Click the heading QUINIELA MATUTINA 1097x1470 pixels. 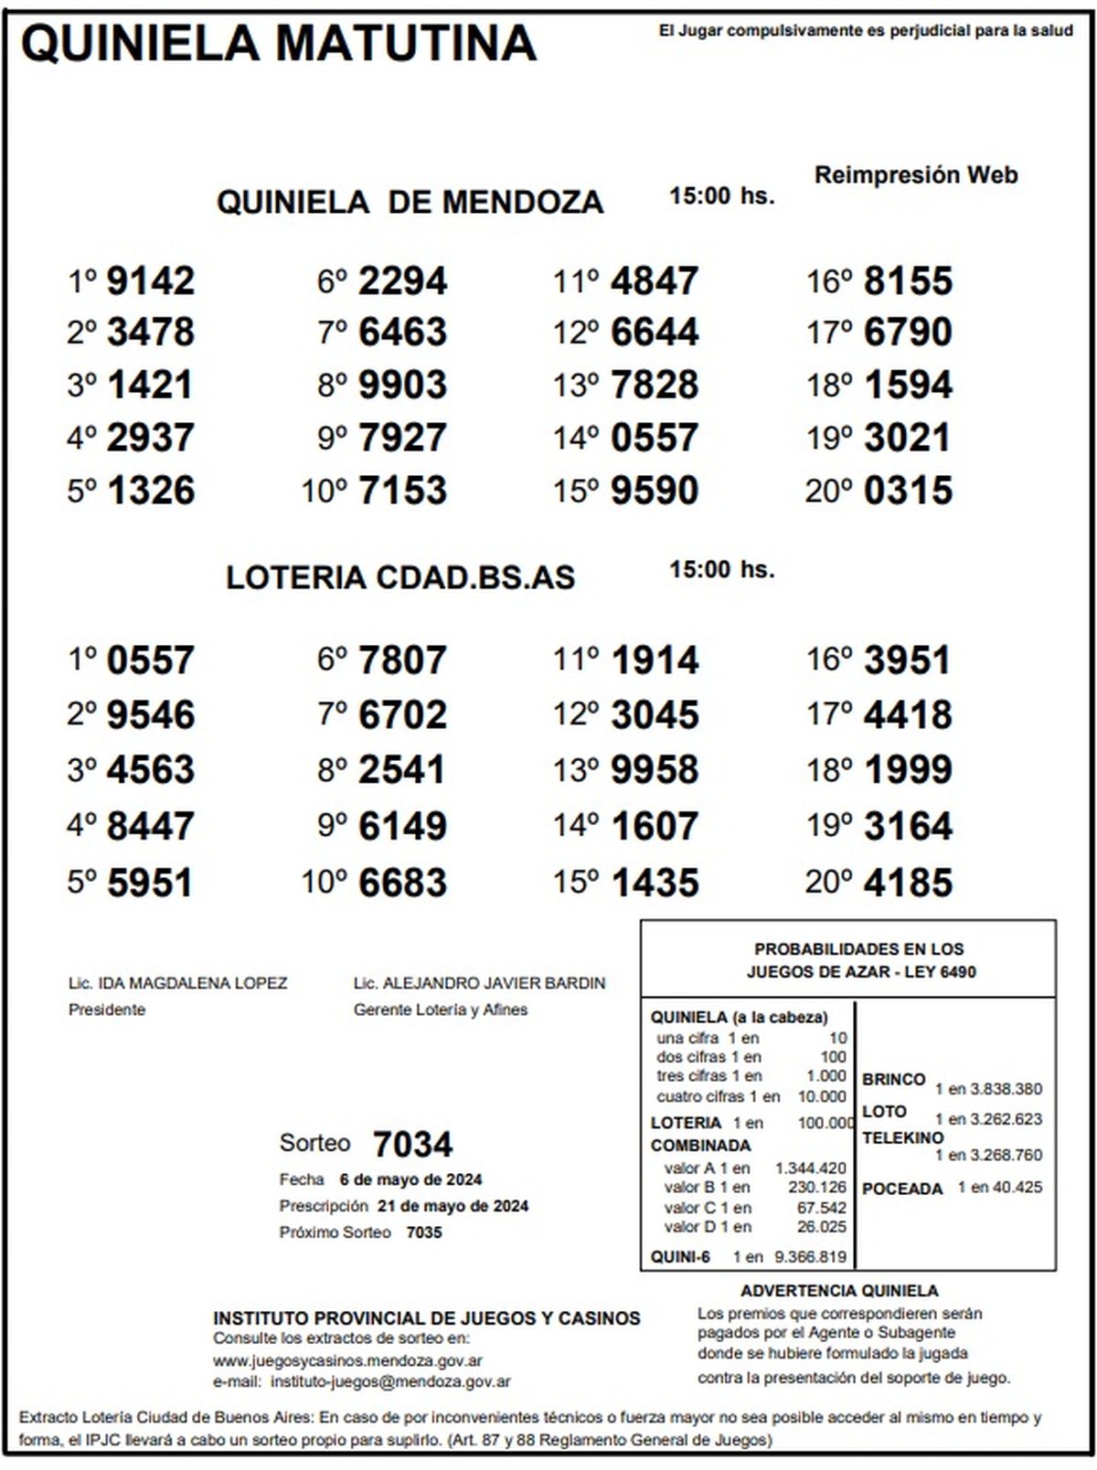tap(279, 44)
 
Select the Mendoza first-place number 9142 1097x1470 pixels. tap(151, 281)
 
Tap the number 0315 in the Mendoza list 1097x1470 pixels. tap(908, 491)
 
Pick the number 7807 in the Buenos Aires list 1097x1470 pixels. tap(402, 661)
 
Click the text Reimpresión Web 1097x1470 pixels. tap(916, 175)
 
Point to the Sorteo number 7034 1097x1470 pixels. tap(413, 1144)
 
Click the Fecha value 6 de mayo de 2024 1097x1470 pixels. tap(410, 1179)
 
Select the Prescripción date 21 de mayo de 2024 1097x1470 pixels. tap(453, 1206)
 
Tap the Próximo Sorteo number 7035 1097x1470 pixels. tap(424, 1232)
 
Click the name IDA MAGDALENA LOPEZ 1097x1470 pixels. tap(192, 984)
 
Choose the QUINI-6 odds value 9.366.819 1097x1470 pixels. tap(810, 1257)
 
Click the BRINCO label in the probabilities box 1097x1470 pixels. tap(893, 1080)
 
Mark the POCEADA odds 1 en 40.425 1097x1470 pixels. tap(1000, 1188)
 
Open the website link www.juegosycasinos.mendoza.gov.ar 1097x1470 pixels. tap(347, 1360)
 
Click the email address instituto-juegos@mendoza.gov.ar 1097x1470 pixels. tap(390, 1382)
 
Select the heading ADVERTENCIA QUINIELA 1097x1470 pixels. tap(839, 1291)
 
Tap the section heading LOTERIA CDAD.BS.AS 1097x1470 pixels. tap(400, 577)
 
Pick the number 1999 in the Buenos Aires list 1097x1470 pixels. tap(908, 770)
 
